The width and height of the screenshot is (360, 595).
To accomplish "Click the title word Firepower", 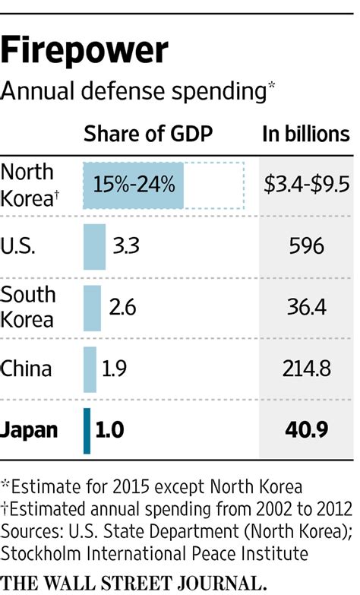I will (x=84, y=51).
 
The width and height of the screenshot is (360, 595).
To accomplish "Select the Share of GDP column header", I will (x=148, y=135).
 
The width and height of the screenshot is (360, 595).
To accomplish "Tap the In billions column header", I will (x=305, y=135).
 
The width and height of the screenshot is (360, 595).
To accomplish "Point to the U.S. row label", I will (x=20, y=246).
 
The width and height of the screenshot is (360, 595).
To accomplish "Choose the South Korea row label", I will (x=28, y=307).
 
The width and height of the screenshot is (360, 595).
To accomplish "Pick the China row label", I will (x=27, y=369).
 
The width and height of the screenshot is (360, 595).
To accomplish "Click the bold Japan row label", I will (x=30, y=430).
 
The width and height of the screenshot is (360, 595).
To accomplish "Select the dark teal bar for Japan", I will (x=87, y=430).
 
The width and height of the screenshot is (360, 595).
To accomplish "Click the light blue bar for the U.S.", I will (x=94, y=247).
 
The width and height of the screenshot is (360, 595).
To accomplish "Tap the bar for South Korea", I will (x=92, y=308).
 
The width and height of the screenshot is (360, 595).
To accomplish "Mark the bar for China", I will (x=90, y=369).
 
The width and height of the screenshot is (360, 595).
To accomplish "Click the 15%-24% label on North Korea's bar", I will (x=134, y=185).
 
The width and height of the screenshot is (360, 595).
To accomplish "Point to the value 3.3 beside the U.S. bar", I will (x=126, y=247).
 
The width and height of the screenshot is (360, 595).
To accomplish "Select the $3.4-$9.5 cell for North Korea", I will (x=306, y=185).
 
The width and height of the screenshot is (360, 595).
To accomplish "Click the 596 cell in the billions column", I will (x=306, y=247).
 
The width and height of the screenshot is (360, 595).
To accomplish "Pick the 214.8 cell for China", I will (x=306, y=369).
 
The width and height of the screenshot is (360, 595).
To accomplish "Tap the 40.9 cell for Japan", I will (x=306, y=430).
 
